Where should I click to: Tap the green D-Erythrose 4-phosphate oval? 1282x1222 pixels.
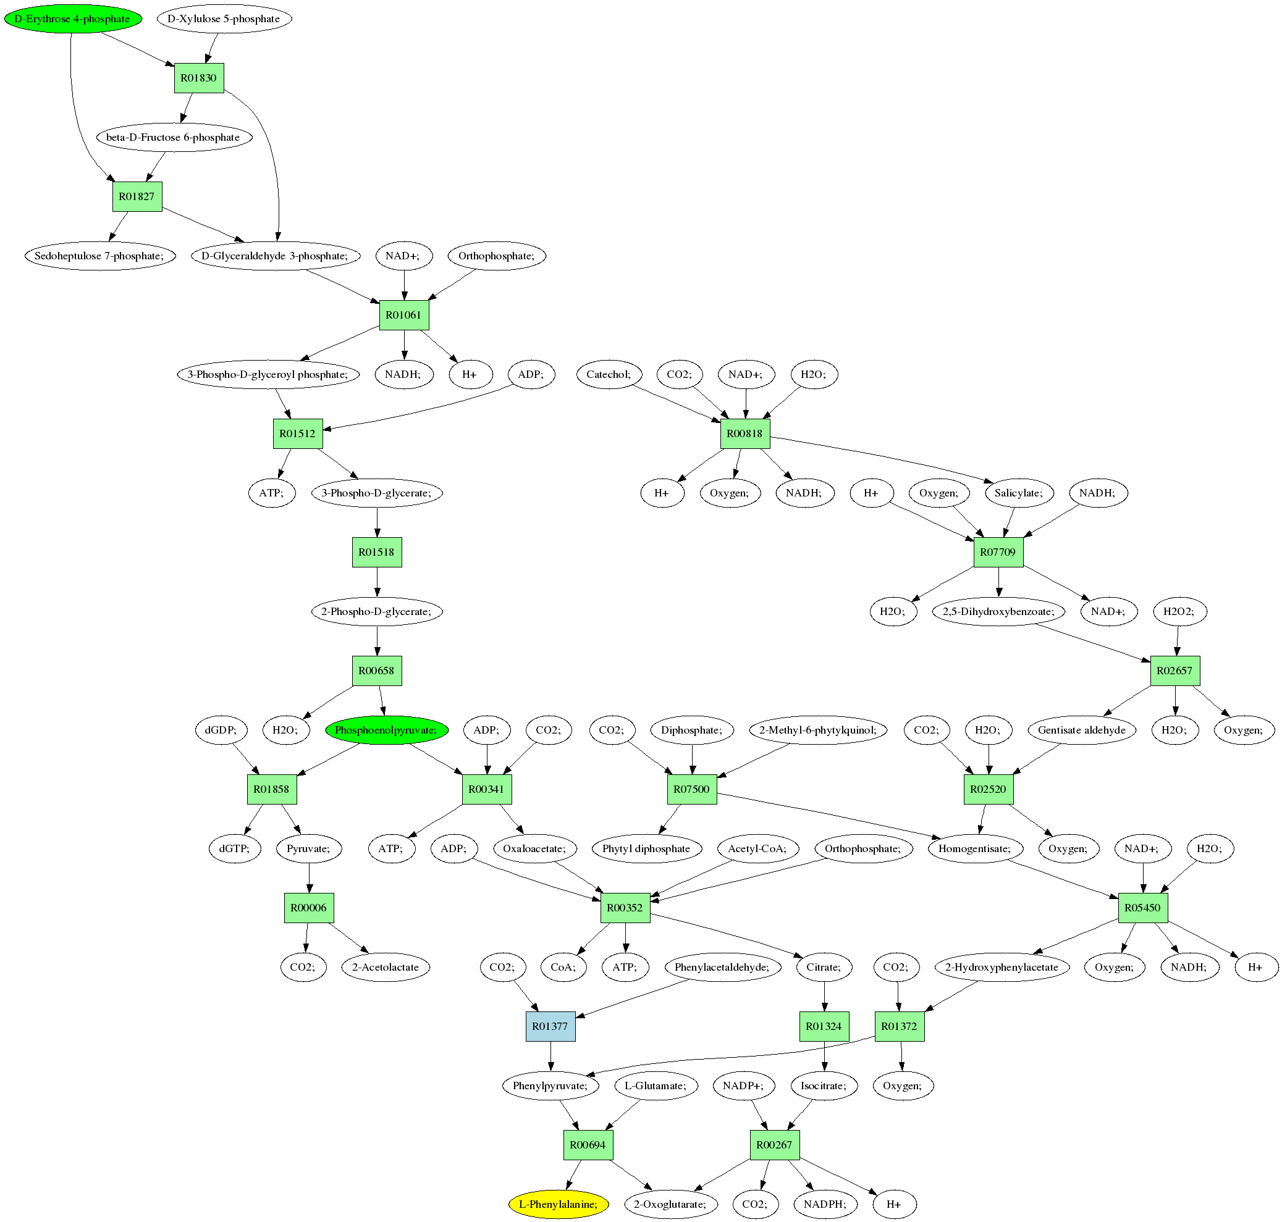point(72,19)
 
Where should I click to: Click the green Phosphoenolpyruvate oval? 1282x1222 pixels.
point(387,730)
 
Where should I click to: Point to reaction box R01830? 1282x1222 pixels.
point(199,78)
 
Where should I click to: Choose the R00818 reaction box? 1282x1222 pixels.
point(745,434)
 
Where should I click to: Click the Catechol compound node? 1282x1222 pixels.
point(609,375)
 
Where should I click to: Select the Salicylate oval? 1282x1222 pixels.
point(1018,493)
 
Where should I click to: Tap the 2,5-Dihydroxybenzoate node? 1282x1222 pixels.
point(998,612)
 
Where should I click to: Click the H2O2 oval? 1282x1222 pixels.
point(1179,612)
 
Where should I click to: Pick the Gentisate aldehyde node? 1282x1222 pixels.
point(1081,730)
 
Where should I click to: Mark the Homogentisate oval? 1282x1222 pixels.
point(974,849)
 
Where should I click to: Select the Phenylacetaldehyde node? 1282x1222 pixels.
point(722,968)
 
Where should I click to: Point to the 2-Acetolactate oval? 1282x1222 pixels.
point(385,968)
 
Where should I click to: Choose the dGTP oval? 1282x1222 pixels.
point(235,849)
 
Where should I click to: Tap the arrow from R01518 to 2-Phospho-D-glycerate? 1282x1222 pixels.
point(377,582)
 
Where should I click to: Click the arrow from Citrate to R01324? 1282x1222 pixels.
point(824,997)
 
